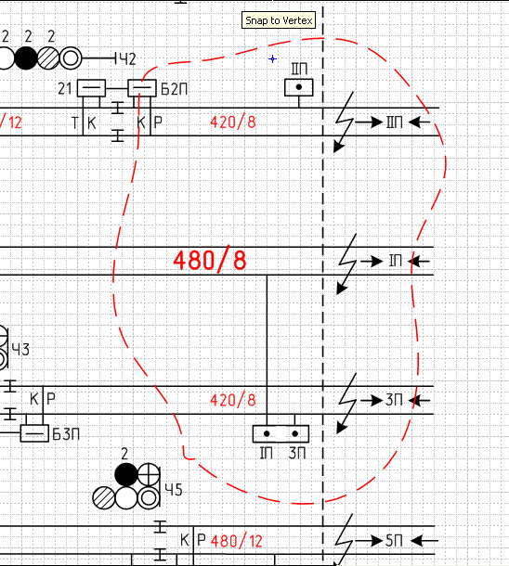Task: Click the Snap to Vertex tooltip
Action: coord(279,20)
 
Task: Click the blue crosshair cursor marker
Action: coord(273,58)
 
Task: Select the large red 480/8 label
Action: coord(210,260)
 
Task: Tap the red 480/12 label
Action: coord(237,541)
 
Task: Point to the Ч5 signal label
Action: coord(174,490)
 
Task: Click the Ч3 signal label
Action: coord(20,350)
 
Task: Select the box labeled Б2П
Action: coord(142,88)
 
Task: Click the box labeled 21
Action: coord(91,88)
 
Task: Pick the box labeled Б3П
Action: coord(34,433)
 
